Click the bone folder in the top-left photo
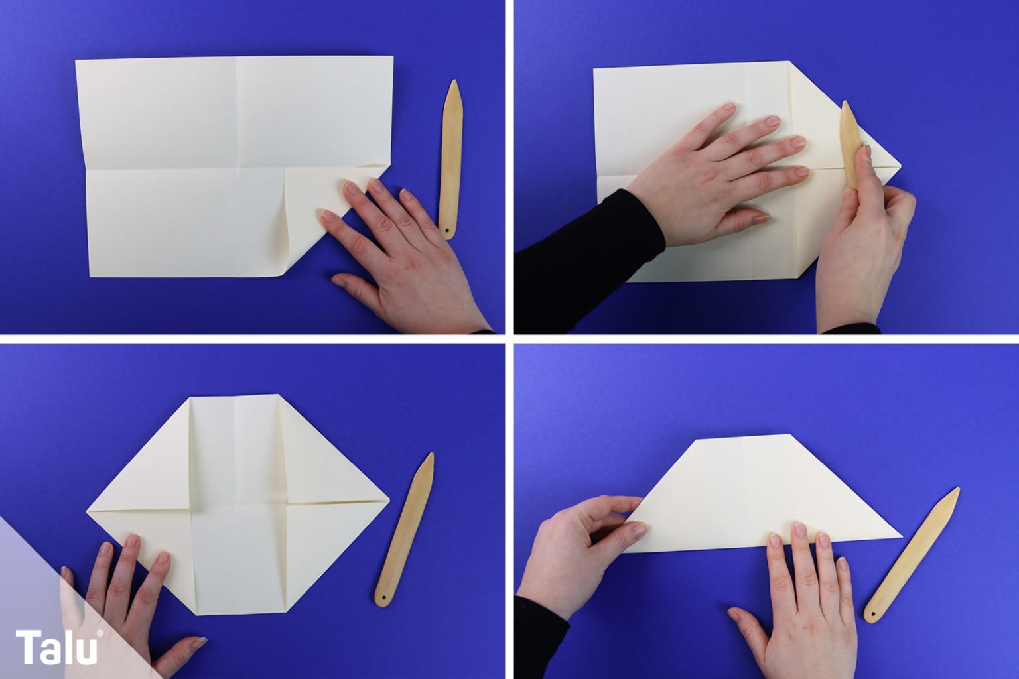(451, 159)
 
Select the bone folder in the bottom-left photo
(405, 529)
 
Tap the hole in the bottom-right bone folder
(872, 615)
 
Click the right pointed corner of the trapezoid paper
(902, 537)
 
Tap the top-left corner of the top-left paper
(76, 60)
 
